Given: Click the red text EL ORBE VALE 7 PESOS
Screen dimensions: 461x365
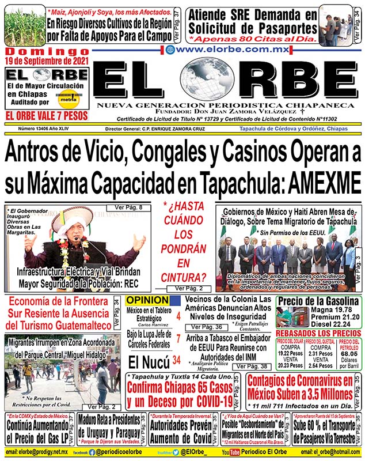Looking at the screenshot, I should point(47,115).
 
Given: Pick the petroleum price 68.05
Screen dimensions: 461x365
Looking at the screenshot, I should point(348,353).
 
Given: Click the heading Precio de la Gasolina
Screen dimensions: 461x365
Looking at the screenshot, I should point(318,301).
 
